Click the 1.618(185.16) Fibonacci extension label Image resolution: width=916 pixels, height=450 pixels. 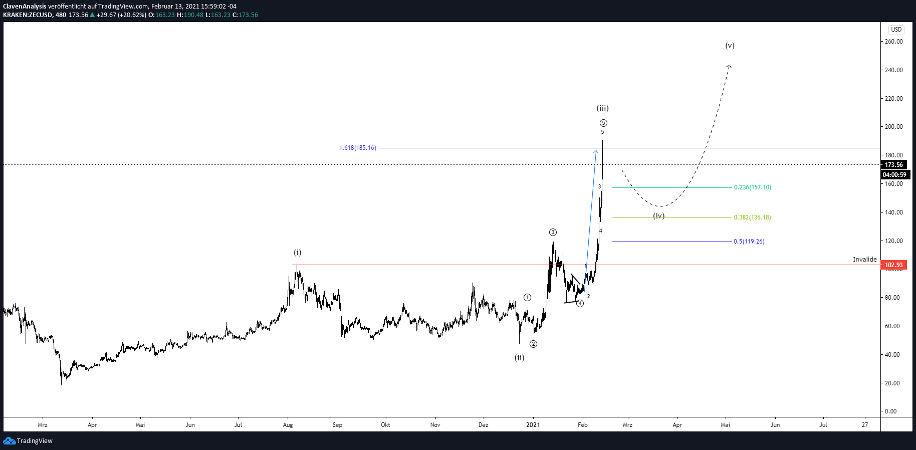tap(357, 148)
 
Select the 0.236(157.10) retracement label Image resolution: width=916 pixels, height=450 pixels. tap(753, 187)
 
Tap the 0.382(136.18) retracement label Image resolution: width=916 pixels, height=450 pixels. tap(752, 217)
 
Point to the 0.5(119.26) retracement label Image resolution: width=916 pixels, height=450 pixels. tap(749, 242)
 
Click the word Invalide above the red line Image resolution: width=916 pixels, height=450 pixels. tap(865, 260)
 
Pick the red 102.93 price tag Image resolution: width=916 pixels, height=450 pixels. tap(893, 265)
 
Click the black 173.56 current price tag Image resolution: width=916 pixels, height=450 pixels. tap(893, 165)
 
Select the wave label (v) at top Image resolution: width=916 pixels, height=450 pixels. tap(730, 46)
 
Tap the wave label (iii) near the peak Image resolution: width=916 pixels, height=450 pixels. tap(602, 108)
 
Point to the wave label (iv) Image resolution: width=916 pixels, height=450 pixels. tap(658, 216)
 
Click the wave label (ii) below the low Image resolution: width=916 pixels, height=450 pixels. tap(519, 358)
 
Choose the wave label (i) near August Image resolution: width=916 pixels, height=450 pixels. tap(298, 253)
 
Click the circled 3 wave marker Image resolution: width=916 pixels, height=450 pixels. tap(553, 232)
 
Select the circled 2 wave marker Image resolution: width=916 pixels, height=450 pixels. tap(534, 344)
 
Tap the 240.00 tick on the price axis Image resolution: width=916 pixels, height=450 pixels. tap(894, 70)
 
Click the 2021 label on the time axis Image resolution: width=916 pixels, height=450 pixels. tap(533, 425)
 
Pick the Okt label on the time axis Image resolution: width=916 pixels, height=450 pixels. tap(385, 425)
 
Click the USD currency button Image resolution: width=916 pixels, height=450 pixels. tap(896, 30)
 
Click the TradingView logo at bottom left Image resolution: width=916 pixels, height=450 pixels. tap(28, 441)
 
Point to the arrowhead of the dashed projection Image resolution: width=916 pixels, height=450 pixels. tap(729, 66)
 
